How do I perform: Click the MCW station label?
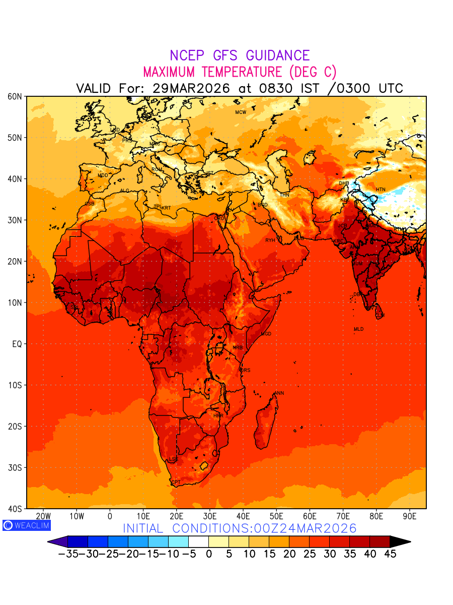241,112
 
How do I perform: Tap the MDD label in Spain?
103,175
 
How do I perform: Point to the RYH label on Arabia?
270,240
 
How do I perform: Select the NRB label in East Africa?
238,348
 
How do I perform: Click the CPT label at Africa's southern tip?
176,482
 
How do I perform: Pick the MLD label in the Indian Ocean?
358,329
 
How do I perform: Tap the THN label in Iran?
284,195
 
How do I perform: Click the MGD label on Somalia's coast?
266,334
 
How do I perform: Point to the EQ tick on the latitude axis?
17,344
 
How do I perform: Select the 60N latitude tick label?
15,96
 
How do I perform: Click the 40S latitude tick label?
15,509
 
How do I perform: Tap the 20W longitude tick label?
44,516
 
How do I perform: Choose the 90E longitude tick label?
410,516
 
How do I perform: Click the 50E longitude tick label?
276,516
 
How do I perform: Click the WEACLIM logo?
26,525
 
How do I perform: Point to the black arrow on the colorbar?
400,541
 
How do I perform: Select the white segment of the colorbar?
198,541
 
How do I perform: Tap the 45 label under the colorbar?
390,554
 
